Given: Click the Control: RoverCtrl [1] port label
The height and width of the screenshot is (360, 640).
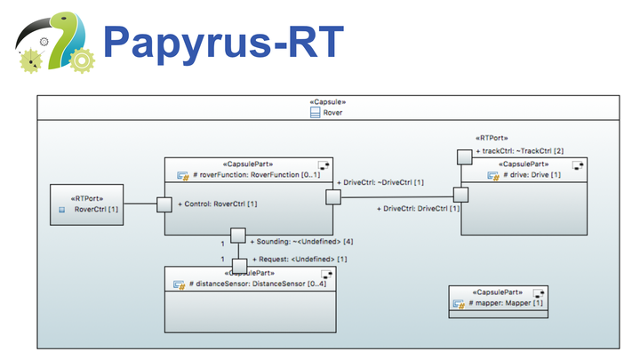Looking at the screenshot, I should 217,204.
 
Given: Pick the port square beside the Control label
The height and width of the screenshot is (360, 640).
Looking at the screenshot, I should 164,204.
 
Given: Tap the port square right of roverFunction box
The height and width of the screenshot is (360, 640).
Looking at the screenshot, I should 332,196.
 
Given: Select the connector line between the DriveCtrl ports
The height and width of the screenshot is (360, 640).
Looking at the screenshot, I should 396,196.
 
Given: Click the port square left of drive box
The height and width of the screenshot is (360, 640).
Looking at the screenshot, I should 461,195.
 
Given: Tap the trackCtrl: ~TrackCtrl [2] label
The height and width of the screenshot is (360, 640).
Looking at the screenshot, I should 519,151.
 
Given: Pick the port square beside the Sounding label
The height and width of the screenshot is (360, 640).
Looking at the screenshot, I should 238,236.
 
